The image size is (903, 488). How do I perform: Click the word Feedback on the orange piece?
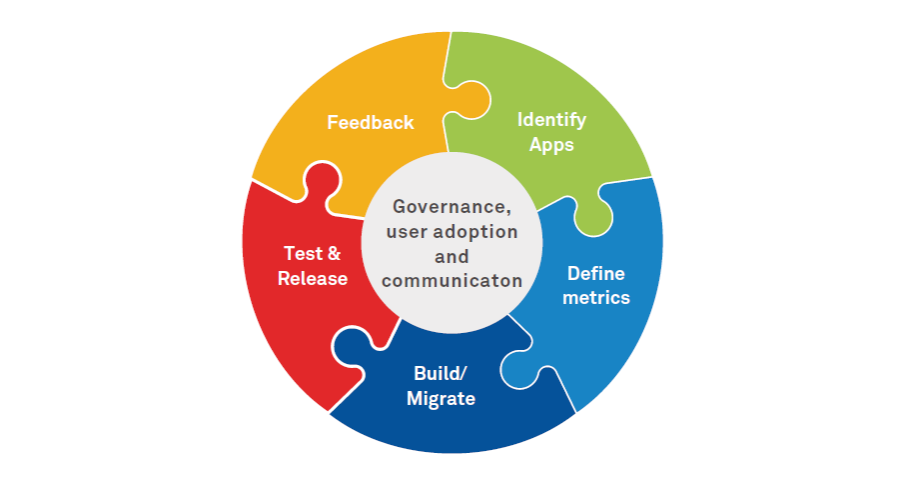371,123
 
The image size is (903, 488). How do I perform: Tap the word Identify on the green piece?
551,120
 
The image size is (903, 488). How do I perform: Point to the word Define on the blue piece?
597,272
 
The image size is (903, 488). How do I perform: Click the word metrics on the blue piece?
597,297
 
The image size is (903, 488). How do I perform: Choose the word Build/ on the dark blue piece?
440,374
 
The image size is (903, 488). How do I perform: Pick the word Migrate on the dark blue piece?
441,399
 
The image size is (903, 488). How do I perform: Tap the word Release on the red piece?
313,278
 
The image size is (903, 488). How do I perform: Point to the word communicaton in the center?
451,281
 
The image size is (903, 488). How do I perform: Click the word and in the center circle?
451,256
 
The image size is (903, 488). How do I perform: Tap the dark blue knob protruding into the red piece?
351,345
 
